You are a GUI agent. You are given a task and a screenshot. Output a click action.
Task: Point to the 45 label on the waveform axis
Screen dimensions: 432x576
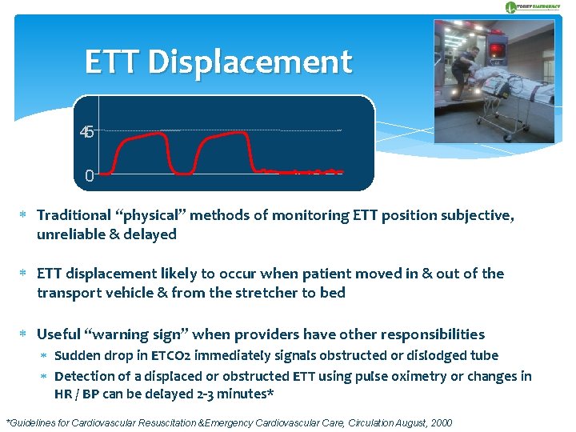coord(87,131)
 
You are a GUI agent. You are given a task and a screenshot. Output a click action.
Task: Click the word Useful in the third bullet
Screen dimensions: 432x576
coord(59,334)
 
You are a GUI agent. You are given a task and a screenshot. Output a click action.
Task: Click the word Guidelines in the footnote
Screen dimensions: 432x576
coord(38,422)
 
